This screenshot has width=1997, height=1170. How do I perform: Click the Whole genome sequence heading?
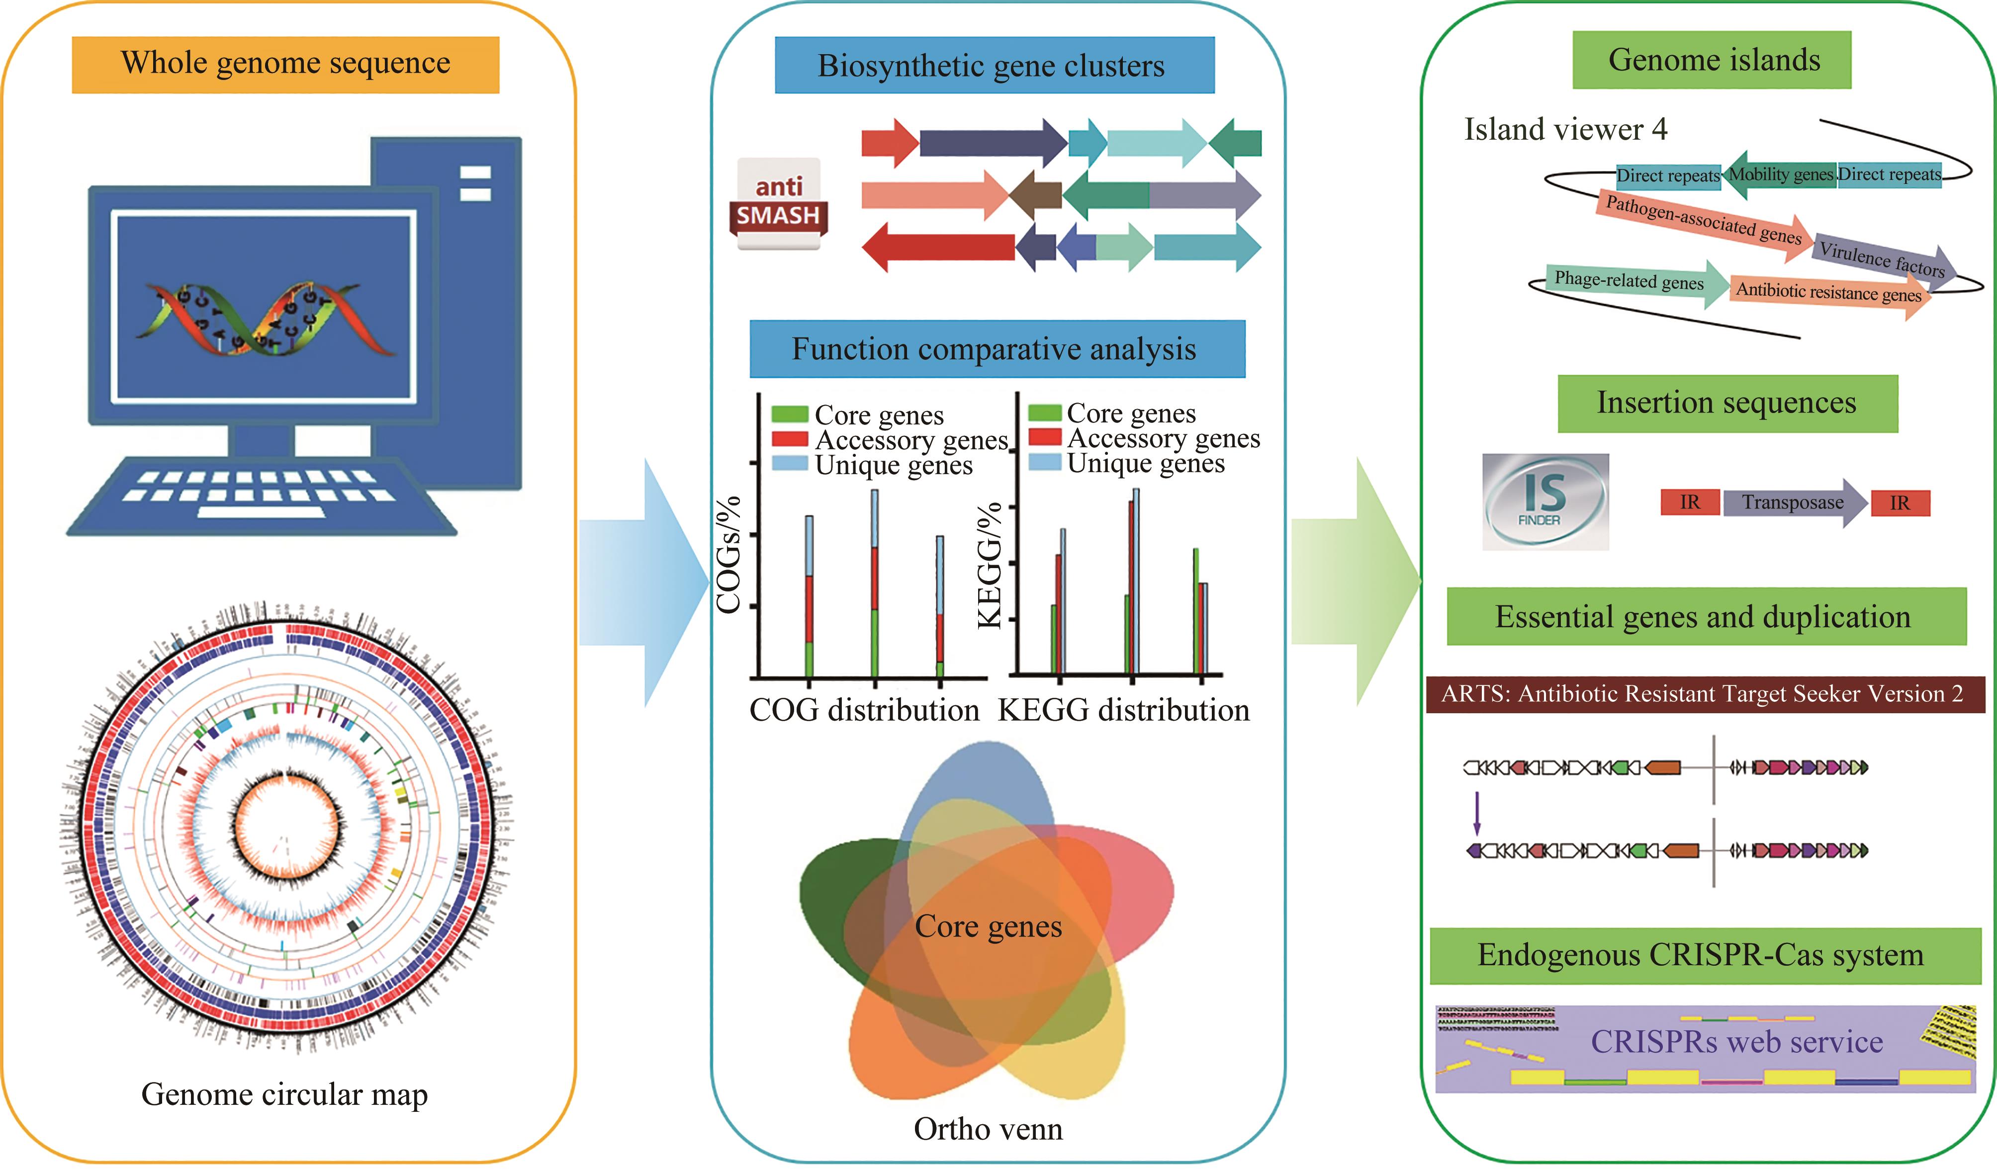tap(285, 64)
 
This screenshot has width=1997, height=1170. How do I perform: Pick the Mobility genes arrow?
tap(1780, 175)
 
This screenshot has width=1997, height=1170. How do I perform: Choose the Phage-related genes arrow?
tap(1633, 281)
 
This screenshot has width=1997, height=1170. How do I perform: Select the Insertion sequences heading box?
tap(1727, 403)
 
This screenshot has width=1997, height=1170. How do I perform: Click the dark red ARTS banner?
tap(1702, 694)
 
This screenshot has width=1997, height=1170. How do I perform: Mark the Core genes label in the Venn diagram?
tap(988, 926)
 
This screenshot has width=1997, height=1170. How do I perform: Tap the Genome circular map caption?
tap(284, 1095)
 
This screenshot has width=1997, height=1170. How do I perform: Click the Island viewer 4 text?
tap(1565, 130)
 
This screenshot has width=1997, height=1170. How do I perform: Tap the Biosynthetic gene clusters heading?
tap(994, 66)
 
